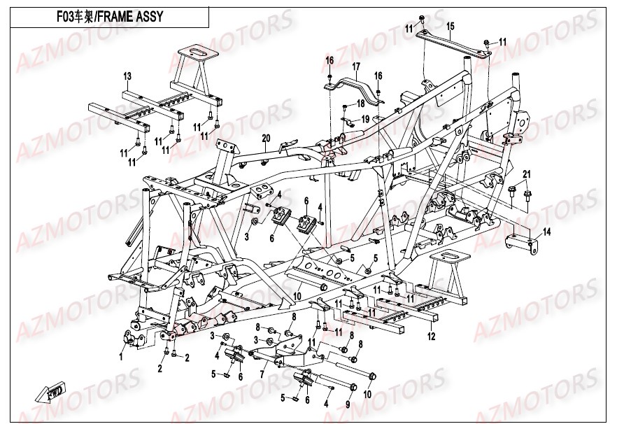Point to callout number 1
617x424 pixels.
(x=120, y=356)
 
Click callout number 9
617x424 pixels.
(x=348, y=404)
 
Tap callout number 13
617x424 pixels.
(x=128, y=75)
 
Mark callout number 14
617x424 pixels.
(x=547, y=232)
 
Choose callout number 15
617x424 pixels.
(x=451, y=26)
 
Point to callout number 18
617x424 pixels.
(x=361, y=103)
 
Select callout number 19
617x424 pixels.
(x=364, y=120)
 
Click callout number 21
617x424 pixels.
(x=527, y=174)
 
